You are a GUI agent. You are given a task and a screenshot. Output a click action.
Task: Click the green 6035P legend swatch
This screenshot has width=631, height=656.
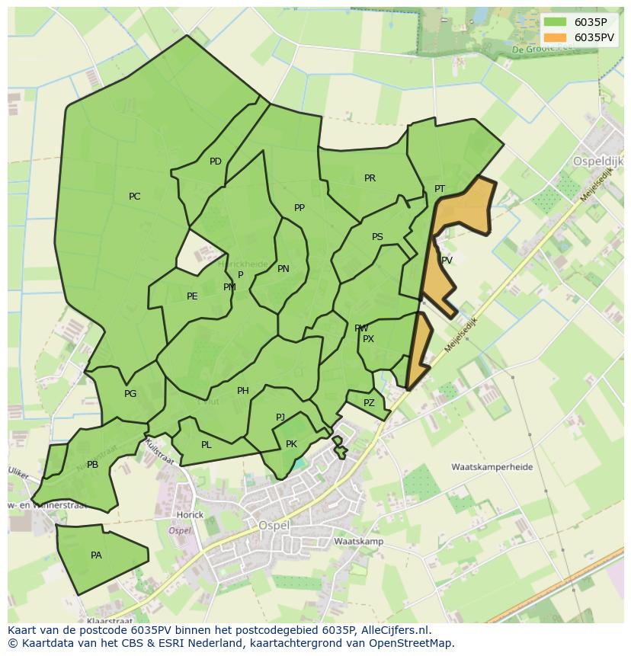click(x=556, y=22)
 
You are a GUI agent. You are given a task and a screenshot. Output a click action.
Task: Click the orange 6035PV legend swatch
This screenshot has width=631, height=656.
click(x=556, y=37)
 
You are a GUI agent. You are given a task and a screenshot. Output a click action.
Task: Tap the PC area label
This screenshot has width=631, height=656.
click(x=134, y=197)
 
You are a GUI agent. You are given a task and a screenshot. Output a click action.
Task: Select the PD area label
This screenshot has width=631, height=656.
click(x=216, y=162)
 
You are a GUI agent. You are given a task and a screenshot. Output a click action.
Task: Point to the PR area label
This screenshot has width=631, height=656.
click(x=370, y=178)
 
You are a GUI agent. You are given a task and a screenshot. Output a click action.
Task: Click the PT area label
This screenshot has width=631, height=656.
click(x=440, y=189)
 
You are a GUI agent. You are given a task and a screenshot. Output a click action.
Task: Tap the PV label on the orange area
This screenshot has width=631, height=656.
click(x=447, y=261)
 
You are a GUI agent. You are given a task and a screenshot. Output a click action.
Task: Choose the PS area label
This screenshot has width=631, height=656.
click(x=377, y=237)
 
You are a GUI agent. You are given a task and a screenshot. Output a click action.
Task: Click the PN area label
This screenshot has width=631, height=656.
click(x=283, y=269)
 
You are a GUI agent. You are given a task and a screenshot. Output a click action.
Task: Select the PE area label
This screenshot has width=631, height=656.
click(x=192, y=296)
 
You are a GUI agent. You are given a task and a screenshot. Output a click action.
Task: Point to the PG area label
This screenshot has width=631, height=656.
click(x=130, y=394)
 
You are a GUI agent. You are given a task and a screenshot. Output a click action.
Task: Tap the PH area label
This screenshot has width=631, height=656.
click(x=242, y=391)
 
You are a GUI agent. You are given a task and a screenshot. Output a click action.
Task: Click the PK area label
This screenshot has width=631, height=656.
click(x=291, y=444)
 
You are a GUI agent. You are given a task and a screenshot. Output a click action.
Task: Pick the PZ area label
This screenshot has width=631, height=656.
click(x=369, y=403)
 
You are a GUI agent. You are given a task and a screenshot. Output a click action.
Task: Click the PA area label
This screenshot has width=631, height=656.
click(x=96, y=555)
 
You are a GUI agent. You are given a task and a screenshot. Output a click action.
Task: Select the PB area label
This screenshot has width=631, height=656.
click(x=92, y=465)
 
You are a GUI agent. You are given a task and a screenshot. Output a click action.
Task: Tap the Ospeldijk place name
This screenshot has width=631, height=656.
click(x=597, y=162)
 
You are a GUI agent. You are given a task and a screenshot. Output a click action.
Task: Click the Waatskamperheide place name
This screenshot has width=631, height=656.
click(x=492, y=467)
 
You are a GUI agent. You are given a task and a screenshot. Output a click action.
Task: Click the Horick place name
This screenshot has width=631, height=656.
click(x=190, y=514)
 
